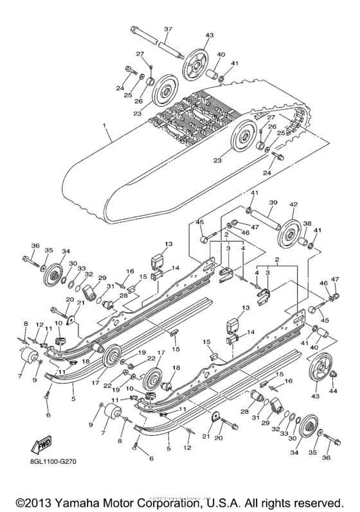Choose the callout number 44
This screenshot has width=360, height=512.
(333, 390)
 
